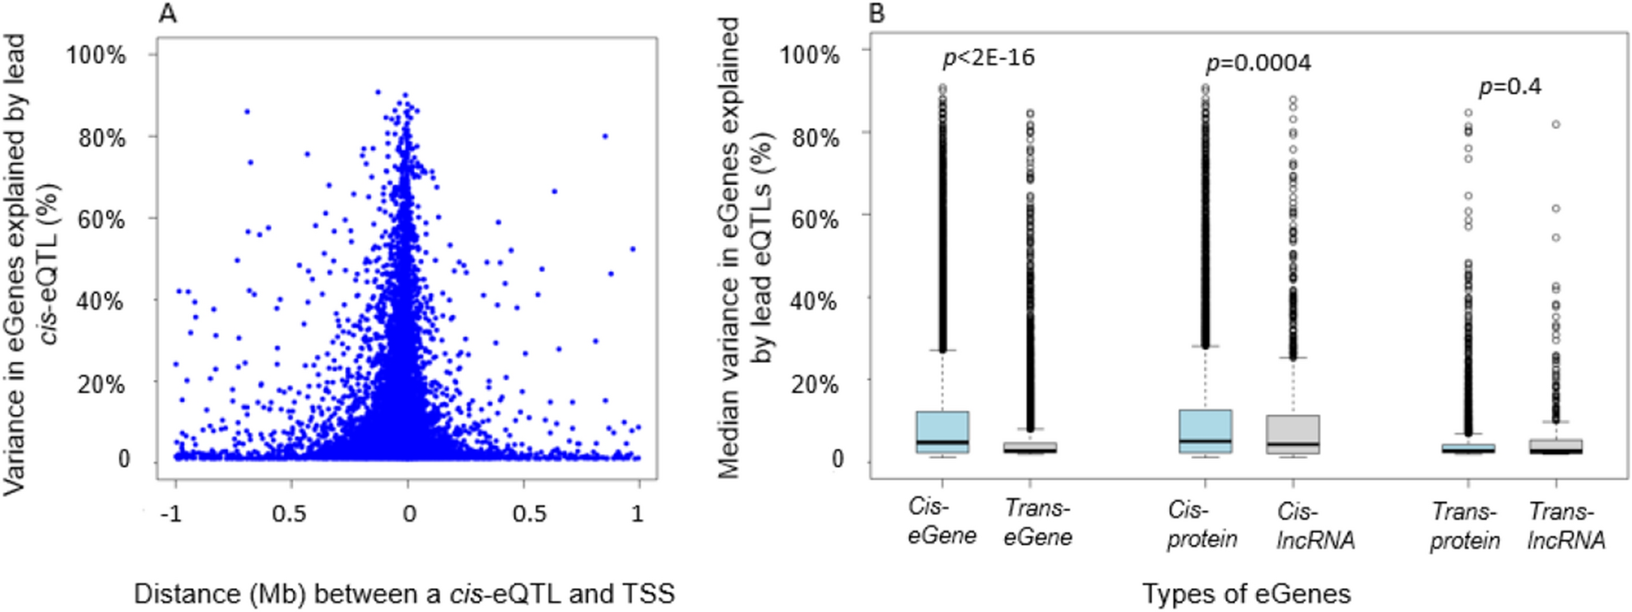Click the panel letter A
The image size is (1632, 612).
[x=167, y=14]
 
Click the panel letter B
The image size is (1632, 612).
[x=877, y=14]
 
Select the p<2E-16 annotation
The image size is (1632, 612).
[x=988, y=58]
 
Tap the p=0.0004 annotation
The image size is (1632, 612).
[x=1258, y=63]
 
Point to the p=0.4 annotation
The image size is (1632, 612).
[x=1510, y=86]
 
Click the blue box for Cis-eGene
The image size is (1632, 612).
[x=942, y=431]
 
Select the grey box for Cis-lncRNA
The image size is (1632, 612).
[x=1293, y=433]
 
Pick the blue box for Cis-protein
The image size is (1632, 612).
[x=1206, y=430]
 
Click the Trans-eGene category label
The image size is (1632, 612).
[x=1038, y=522]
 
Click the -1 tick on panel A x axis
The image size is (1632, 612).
[x=170, y=513]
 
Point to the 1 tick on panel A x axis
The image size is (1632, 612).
[x=638, y=513]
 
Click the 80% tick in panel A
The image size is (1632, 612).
[x=102, y=137]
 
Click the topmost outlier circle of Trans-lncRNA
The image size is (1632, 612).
[x=1556, y=124]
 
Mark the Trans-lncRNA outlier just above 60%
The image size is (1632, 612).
[x=1556, y=208]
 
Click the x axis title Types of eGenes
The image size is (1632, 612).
[x=1246, y=593]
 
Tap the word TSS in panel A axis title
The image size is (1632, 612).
[x=649, y=593]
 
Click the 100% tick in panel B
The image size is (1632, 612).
[x=810, y=54]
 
